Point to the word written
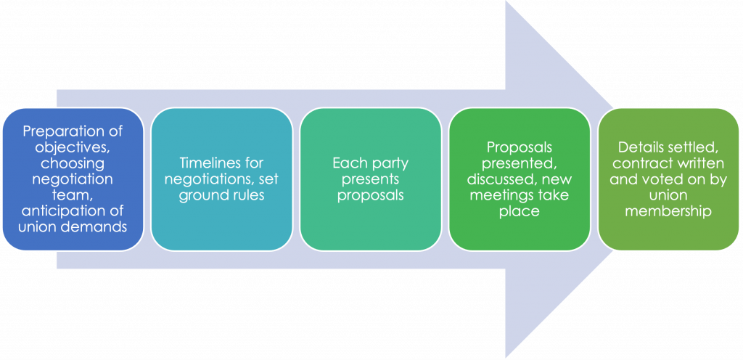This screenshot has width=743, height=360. click(x=699, y=163)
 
